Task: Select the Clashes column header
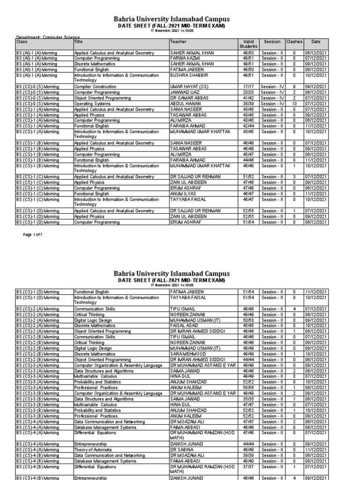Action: (x=294, y=42)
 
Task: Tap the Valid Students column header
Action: (x=248, y=44)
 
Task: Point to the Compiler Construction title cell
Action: (x=93, y=87)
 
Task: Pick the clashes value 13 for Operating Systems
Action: (x=294, y=104)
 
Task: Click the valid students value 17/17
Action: (x=248, y=87)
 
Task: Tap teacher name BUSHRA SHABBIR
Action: (x=188, y=75)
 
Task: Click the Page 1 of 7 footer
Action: (x=32, y=234)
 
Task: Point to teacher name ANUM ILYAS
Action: (x=183, y=194)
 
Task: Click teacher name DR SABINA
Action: (x=181, y=449)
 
